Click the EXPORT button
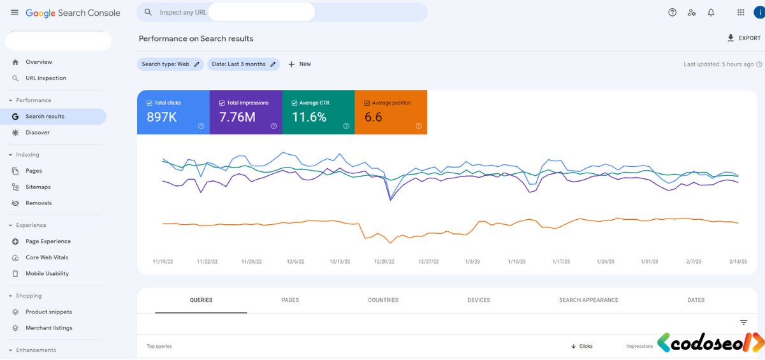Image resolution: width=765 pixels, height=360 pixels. [x=744, y=38]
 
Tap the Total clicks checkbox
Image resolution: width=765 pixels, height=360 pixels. [x=149, y=103]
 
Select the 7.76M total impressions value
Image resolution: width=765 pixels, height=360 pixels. [x=237, y=117]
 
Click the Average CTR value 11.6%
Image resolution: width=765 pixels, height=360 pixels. [x=309, y=117]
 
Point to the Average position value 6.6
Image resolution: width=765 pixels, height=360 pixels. [x=374, y=117]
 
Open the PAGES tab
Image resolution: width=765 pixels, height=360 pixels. [x=290, y=300]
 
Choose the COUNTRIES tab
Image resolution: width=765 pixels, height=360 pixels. [x=383, y=300]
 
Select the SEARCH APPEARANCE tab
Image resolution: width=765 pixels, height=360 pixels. [x=588, y=300]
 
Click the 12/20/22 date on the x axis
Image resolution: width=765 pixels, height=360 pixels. [x=384, y=262]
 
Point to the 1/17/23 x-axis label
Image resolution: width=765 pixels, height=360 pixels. [x=561, y=262]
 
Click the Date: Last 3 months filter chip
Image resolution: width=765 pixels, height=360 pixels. [x=244, y=64]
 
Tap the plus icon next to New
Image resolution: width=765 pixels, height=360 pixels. [x=291, y=64]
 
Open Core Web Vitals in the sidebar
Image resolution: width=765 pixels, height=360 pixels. [x=47, y=257]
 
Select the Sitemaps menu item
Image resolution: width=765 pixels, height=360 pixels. [x=38, y=187]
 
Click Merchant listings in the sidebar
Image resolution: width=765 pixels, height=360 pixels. [x=49, y=328]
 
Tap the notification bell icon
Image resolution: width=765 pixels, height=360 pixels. [x=711, y=13]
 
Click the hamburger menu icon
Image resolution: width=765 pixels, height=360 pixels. [x=14, y=13]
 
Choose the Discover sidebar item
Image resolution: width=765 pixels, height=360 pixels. [x=38, y=133]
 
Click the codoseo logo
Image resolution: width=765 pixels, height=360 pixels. [x=710, y=342]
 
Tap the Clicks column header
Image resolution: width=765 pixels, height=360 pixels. [x=581, y=346]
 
